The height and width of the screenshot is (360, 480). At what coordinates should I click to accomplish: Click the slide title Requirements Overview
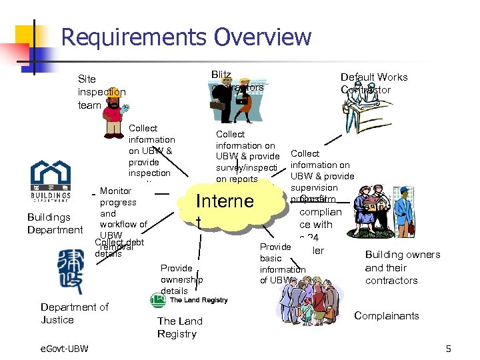[186, 37]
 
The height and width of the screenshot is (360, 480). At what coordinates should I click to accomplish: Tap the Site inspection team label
[101, 91]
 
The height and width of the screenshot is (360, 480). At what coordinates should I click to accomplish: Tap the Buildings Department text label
[55, 223]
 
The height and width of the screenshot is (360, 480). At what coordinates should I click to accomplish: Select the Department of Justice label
[74, 313]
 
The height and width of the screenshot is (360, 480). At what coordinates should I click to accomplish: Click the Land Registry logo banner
[189, 301]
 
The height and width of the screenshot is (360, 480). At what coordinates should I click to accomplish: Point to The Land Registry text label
[179, 327]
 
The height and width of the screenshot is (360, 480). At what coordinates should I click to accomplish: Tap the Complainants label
[387, 315]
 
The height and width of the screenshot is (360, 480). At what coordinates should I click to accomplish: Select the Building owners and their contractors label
[402, 267]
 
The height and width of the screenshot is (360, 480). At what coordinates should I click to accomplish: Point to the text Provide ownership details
[181, 279]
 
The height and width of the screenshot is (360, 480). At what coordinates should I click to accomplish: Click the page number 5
[448, 349]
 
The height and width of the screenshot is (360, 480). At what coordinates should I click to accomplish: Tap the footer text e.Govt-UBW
[59, 349]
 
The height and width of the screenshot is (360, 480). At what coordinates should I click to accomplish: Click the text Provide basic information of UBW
[281, 263]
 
